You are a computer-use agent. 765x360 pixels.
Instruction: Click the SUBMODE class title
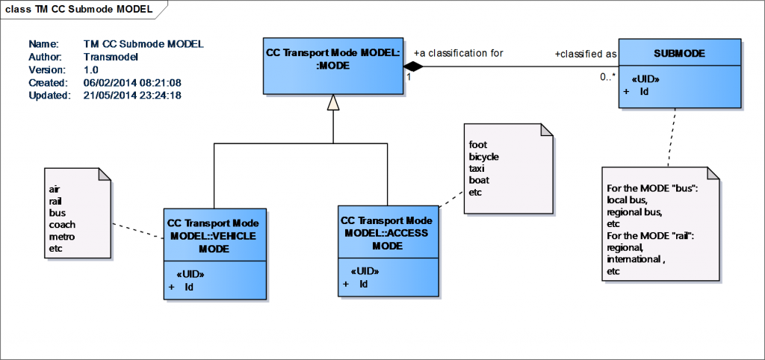(x=680, y=54)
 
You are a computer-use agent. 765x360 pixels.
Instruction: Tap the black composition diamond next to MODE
(x=413, y=67)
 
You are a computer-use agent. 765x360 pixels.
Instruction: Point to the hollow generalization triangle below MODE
(x=333, y=105)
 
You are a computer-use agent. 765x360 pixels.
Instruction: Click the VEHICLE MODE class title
(x=214, y=235)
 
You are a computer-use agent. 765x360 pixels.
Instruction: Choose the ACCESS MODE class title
(x=387, y=233)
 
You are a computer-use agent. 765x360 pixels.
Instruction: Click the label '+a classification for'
(x=458, y=53)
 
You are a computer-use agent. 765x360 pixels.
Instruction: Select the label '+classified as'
(x=585, y=54)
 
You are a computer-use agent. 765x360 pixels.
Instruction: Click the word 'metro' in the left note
(x=62, y=236)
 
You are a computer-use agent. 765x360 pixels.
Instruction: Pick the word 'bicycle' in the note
(x=483, y=157)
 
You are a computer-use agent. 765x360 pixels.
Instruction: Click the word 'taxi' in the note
(x=477, y=169)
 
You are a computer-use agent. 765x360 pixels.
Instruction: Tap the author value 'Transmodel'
(x=111, y=56)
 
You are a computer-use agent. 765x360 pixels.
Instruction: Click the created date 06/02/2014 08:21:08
(x=132, y=82)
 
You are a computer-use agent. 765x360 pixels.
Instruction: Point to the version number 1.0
(x=92, y=69)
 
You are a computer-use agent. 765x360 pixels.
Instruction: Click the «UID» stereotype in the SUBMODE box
(x=645, y=78)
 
